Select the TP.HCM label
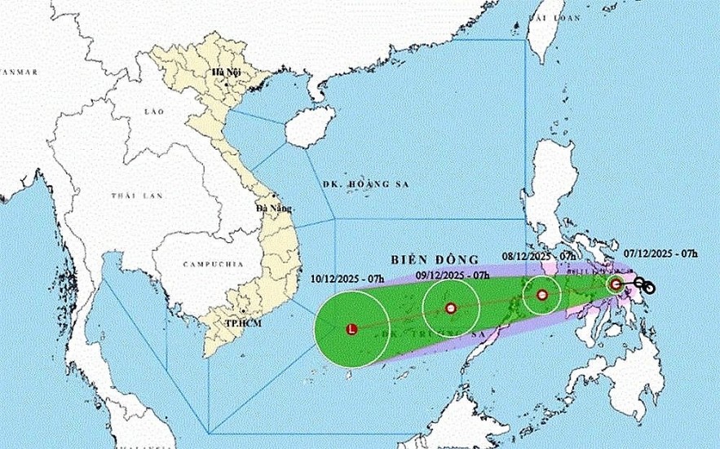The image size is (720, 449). [241, 324]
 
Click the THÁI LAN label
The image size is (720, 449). [135, 196]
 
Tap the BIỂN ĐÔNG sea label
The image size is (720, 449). [422, 258]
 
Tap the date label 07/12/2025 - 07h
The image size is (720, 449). [661, 253]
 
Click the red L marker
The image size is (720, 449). [351, 329]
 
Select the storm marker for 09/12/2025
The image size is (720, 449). [450, 309]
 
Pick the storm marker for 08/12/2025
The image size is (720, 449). [542, 295]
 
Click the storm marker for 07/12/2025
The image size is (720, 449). [616, 284]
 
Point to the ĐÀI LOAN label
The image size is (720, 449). [547, 16]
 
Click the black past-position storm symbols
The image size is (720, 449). [645, 286]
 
